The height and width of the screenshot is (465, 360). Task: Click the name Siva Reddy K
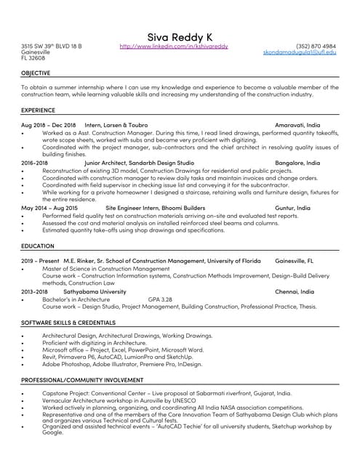[180, 36]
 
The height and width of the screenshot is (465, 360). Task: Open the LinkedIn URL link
[173, 46]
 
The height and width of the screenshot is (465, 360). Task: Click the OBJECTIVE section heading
[36, 73]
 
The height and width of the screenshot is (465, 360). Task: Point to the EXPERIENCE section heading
[38, 110]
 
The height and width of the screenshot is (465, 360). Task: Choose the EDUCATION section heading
[37, 246]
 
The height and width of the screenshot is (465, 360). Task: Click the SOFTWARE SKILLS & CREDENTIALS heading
[68, 321]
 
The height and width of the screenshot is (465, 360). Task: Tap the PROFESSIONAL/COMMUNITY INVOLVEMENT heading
[81, 380]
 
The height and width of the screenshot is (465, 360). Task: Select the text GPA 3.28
[160, 299]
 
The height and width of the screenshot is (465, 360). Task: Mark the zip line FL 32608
[33, 58]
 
